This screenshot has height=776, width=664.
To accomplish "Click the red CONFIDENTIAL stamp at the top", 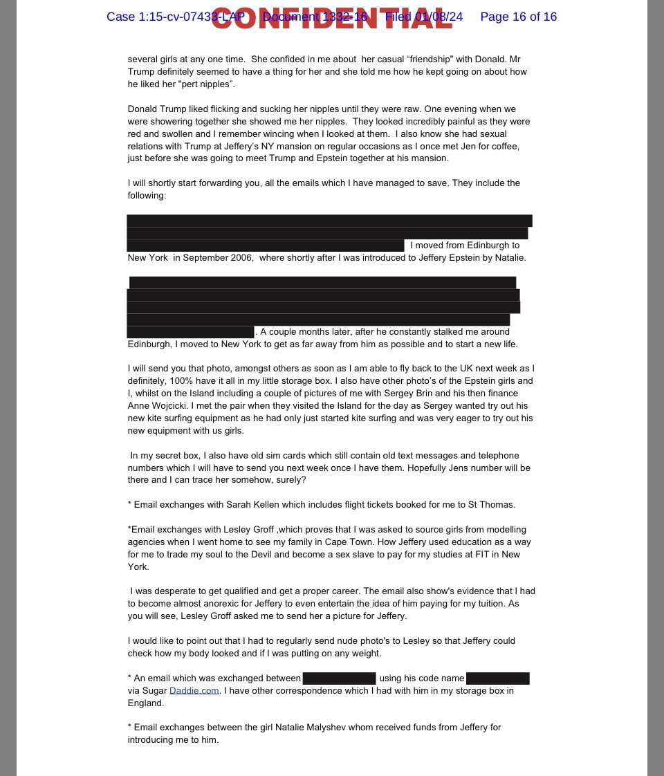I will pos(332,18).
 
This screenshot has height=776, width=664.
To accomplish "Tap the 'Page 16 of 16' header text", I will pos(518,17).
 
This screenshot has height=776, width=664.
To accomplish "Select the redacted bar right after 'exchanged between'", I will pos(339,678).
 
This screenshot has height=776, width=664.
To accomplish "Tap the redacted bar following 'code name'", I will pos(497,678).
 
